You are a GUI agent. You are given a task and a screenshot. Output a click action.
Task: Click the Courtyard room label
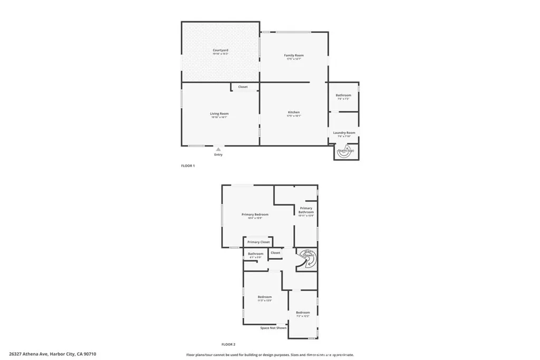220,51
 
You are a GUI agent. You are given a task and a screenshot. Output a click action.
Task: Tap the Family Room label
294,56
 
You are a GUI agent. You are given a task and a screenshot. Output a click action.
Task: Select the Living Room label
219,114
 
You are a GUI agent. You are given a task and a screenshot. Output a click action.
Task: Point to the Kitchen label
294,113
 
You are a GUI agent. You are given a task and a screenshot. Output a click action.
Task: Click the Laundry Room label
344,133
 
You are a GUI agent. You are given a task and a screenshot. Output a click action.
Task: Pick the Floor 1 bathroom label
343,96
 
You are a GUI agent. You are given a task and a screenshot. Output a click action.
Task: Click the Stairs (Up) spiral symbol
347,150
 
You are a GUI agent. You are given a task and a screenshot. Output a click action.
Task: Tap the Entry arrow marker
218,150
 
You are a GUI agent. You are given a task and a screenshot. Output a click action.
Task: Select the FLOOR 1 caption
188,166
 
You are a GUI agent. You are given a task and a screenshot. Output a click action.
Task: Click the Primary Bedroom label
255,215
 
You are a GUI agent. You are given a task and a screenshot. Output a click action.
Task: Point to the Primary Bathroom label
306,210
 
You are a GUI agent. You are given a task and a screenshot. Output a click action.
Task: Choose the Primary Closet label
258,242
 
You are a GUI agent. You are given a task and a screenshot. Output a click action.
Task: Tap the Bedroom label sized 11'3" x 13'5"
265,298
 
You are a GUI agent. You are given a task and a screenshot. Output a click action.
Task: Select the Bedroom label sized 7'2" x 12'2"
303,314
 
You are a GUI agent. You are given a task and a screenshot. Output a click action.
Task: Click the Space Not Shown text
274,328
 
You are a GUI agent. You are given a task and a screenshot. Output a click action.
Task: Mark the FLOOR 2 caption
228,344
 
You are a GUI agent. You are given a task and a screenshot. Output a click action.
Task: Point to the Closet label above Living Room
243,87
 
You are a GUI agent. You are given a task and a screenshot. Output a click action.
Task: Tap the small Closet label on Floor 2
275,253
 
